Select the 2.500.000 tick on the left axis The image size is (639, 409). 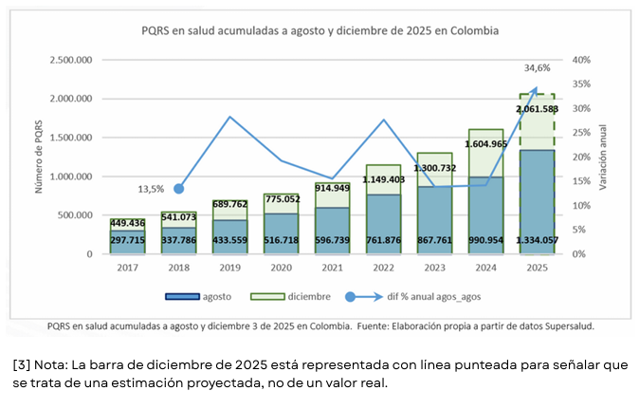65,60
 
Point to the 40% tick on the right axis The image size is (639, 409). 580,60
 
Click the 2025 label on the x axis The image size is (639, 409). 538,269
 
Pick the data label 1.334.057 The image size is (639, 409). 537,241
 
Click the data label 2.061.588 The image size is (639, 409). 537,109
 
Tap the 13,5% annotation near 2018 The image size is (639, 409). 151,188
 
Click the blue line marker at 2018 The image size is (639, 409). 178,189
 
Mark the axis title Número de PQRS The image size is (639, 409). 40,158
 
